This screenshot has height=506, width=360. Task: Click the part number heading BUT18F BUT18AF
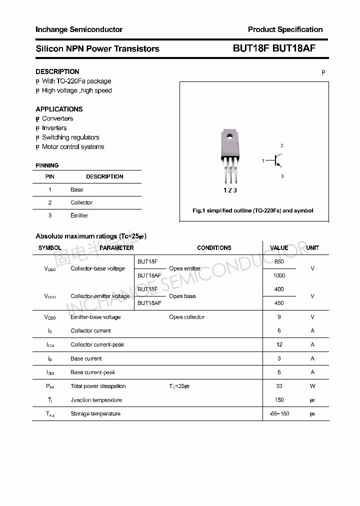(x=274, y=48)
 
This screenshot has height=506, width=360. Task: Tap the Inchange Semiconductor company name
(x=79, y=29)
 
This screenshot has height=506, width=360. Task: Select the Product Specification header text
(x=285, y=29)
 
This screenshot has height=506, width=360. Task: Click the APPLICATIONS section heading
(x=59, y=109)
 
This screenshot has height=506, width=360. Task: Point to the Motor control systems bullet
(x=73, y=147)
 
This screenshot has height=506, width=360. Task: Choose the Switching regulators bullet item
(x=70, y=137)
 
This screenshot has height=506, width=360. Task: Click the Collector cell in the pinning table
(x=81, y=202)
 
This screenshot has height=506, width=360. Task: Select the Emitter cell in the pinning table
(x=79, y=215)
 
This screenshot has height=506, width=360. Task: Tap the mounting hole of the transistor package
(x=230, y=135)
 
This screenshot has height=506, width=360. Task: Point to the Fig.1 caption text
(x=253, y=210)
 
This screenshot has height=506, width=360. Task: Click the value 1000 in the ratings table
(x=279, y=275)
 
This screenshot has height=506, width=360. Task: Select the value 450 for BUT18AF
(x=279, y=303)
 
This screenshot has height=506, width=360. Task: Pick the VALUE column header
(x=279, y=248)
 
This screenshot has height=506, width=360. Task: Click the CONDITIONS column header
(x=214, y=248)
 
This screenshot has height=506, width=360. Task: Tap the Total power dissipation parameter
(x=98, y=386)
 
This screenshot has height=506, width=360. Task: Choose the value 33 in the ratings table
(x=279, y=386)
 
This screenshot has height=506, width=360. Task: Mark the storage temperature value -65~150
(x=279, y=414)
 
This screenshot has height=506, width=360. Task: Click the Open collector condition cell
(x=186, y=317)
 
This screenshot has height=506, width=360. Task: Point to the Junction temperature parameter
(x=96, y=400)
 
